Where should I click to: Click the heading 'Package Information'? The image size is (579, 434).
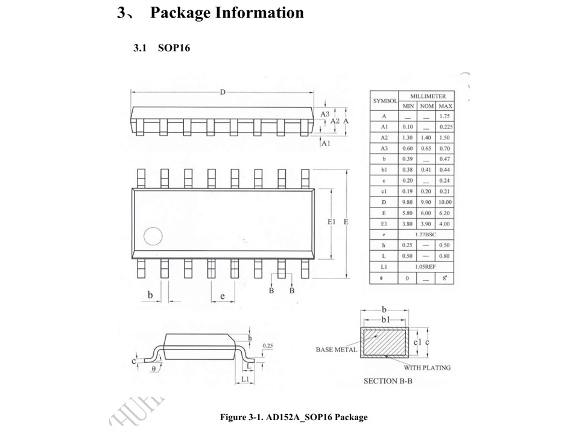[x=227, y=13]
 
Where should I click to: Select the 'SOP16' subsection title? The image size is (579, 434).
[x=174, y=48]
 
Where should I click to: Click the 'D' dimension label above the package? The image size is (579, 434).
[x=223, y=92]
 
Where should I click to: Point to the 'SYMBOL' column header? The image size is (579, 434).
[x=384, y=101]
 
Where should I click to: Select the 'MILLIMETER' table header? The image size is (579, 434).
[x=428, y=96]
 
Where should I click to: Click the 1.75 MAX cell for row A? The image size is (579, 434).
[x=446, y=116]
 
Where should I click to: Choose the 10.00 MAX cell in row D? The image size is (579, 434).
[x=446, y=202]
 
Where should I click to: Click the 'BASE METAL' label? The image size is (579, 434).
[x=336, y=350]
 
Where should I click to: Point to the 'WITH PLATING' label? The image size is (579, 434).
[x=427, y=367]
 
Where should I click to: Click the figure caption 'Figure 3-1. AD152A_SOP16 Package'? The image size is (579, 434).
[x=294, y=417]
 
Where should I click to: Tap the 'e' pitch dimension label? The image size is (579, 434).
[x=222, y=296]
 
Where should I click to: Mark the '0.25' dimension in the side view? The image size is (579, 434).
[x=268, y=345]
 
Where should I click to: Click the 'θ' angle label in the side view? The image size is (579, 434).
[x=154, y=368]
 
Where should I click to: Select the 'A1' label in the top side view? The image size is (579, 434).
[x=326, y=144]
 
